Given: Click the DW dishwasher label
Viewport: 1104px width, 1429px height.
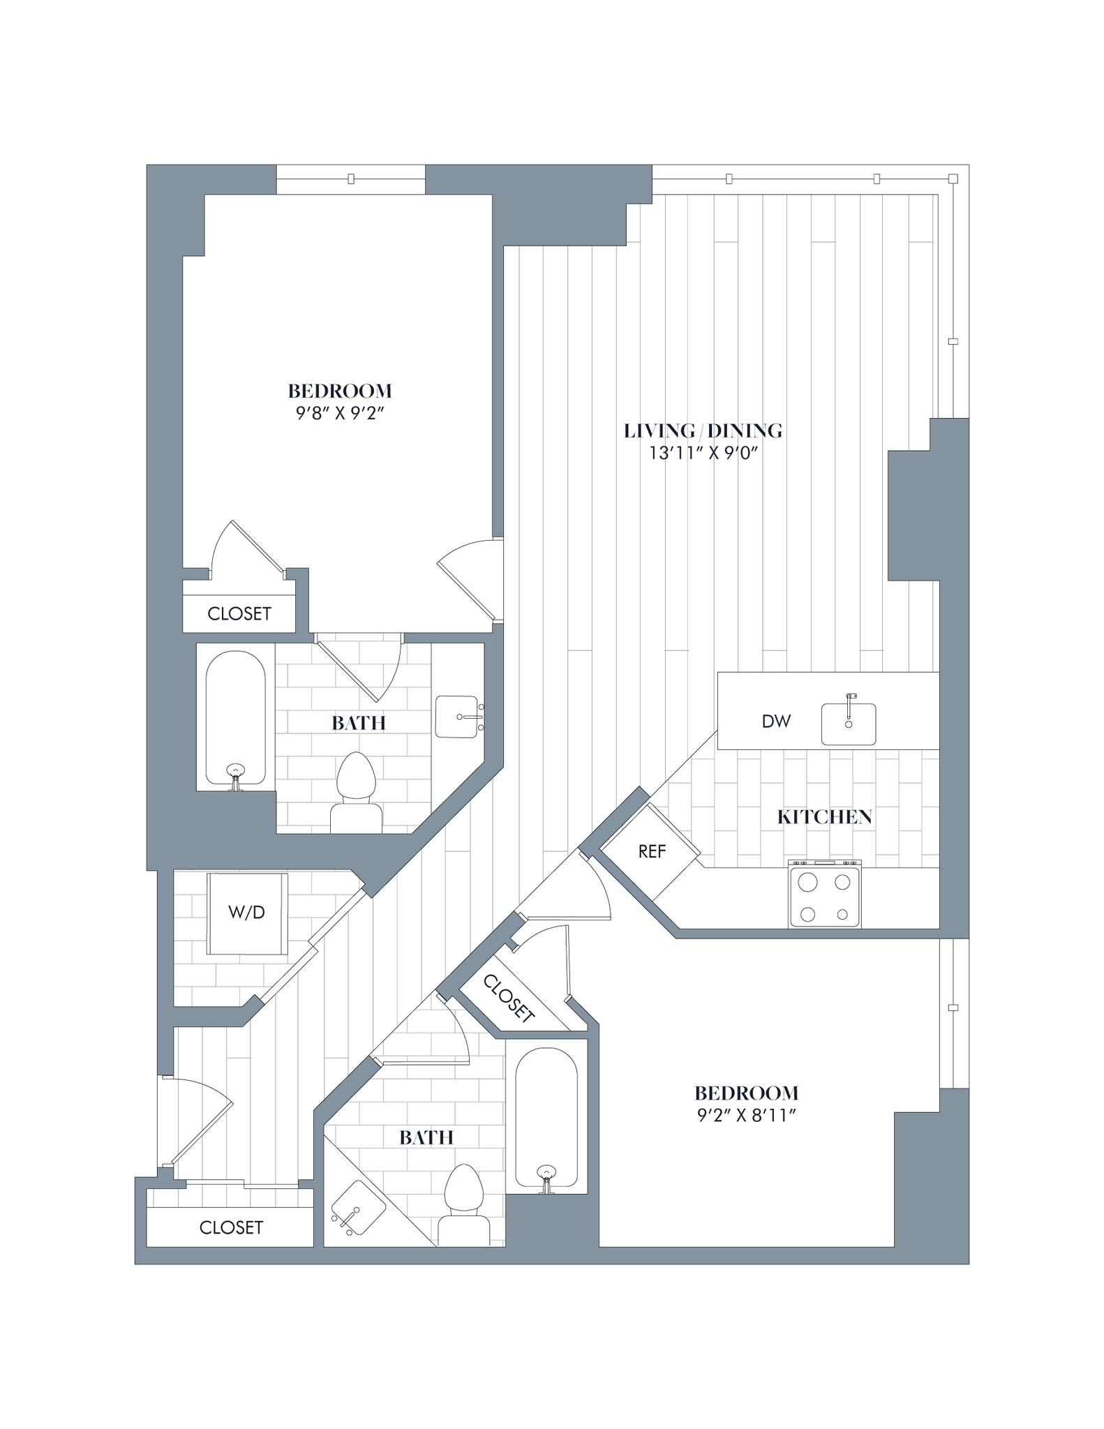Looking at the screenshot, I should coord(776,721).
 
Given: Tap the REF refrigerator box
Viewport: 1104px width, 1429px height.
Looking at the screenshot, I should coord(650,851).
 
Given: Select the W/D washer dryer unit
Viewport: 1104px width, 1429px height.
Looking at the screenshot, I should coord(247,913).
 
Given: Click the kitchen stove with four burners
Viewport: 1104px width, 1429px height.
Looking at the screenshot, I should coord(824,895).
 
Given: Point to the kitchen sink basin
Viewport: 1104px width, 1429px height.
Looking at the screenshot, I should coord(848,725).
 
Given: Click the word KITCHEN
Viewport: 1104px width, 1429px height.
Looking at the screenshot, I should coord(824,817).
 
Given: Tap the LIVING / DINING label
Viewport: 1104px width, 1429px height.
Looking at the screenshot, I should coord(703,431).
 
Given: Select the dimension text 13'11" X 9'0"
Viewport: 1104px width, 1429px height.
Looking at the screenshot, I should coord(703,454).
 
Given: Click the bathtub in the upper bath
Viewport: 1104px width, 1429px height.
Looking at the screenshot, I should coord(235,719).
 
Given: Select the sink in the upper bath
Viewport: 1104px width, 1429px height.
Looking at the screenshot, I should coord(457,716).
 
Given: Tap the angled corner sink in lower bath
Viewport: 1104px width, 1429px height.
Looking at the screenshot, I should coord(357,1209).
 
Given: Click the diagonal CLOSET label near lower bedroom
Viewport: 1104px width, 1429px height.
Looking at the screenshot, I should coord(509,1000).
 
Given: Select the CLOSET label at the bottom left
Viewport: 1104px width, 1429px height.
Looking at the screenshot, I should coord(231,1228).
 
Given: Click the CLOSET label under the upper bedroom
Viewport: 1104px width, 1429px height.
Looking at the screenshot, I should coord(239,614).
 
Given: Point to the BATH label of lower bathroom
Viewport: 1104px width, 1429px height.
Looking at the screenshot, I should coord(426,1137).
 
